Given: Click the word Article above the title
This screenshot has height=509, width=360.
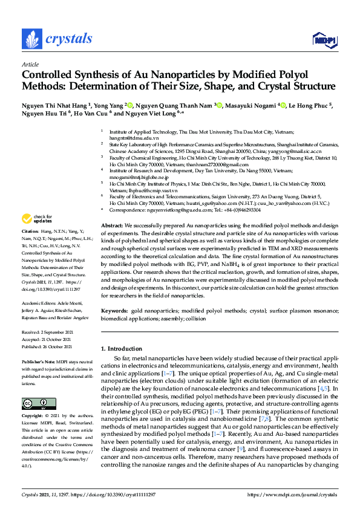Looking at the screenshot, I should tap(30, 63).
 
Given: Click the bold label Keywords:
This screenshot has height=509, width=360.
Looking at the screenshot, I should tap(114, 310).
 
